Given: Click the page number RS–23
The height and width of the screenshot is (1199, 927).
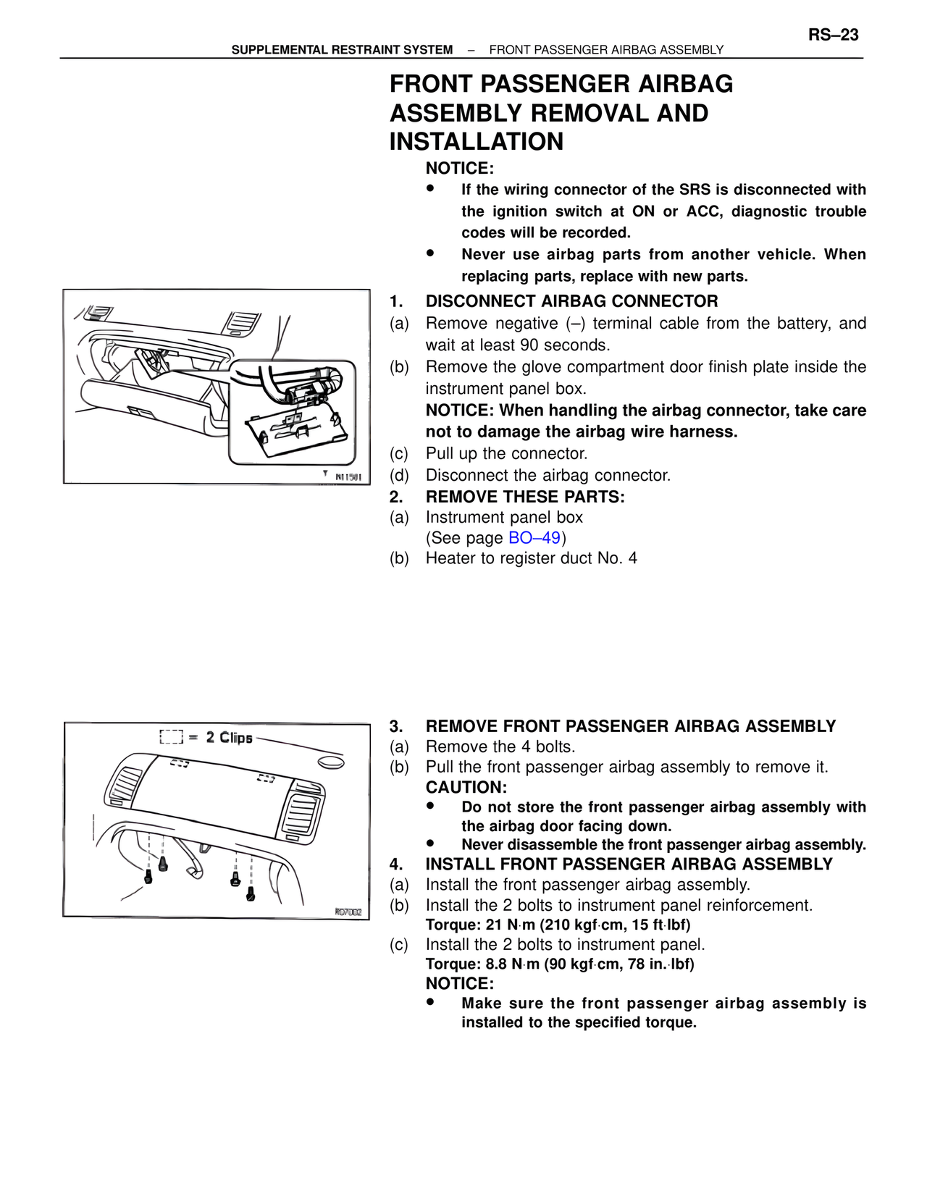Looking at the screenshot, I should coord(833,35).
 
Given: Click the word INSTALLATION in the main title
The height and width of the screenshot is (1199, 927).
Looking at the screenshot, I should coord(476,142).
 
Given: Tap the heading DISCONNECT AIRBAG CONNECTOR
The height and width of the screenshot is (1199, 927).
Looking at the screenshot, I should coord(571,301).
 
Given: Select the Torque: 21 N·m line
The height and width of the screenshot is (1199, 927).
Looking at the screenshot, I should coord(558,925).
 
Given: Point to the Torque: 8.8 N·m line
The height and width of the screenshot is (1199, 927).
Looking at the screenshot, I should coord(559,964).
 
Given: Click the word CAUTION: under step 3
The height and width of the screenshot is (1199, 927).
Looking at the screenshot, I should coord(466,787).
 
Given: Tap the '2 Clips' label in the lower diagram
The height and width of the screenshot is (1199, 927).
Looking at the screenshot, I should coord(229,738).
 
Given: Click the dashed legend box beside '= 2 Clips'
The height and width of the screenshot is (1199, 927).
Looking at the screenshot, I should coord(171,738).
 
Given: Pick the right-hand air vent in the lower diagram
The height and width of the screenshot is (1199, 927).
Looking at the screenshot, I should coord(298,811).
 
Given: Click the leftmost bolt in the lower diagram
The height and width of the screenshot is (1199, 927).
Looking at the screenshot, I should coord(148,877).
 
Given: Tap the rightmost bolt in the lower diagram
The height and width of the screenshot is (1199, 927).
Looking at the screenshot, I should coord(251,894).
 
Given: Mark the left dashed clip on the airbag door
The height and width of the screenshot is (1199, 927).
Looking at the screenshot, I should coord(179,763).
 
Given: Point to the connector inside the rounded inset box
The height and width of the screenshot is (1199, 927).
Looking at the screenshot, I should coord(305,395).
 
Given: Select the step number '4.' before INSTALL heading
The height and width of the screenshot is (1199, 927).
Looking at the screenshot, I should coord(395,864).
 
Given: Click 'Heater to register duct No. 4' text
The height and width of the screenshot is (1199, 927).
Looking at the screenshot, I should coord(531,558).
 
